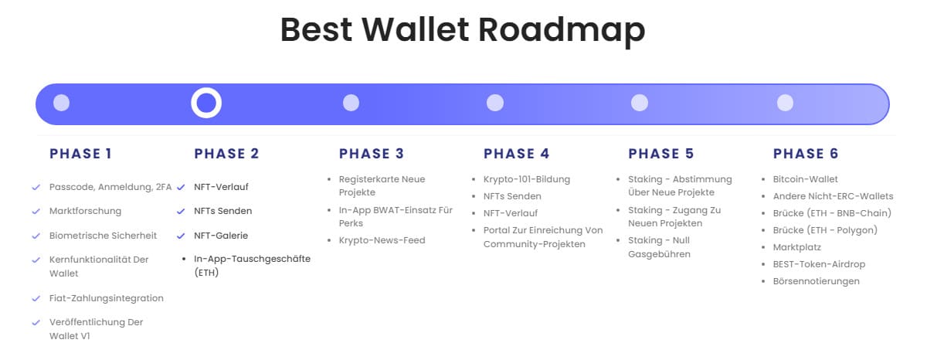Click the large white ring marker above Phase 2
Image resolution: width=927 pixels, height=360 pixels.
pyautogui.click(x=206, y=103)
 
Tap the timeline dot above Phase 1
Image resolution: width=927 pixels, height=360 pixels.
pyautogui.click(x=61, y=103)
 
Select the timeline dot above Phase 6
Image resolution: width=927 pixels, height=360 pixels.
pyautogui.click(x=785, y=103)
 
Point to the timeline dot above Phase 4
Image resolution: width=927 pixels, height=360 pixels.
pyautogui.click(x=495, y=103)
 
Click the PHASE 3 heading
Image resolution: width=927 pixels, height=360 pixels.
pyautogui.click(x=371, y=154)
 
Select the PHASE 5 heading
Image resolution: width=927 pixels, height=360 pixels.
pyautogui.click(x=660, y=154)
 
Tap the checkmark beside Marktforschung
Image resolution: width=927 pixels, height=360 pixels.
pyautogui.click(x=36, y=211)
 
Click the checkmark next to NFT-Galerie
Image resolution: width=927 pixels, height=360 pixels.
pyautogui.click(x=181, y=236)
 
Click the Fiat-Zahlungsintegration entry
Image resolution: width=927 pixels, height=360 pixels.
pyautogui.click(x=106, y=298)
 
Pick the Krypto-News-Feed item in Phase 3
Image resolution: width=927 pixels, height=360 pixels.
pyautogui.click(x=382, y=240)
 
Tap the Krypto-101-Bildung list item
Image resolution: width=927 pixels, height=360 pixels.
pyautogui.click(x=526, y=179)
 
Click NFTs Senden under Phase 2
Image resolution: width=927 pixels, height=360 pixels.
pyautogui.click(x=222, y=211)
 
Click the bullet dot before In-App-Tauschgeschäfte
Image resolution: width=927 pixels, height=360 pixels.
pyautogui.click(x=182, y=260)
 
